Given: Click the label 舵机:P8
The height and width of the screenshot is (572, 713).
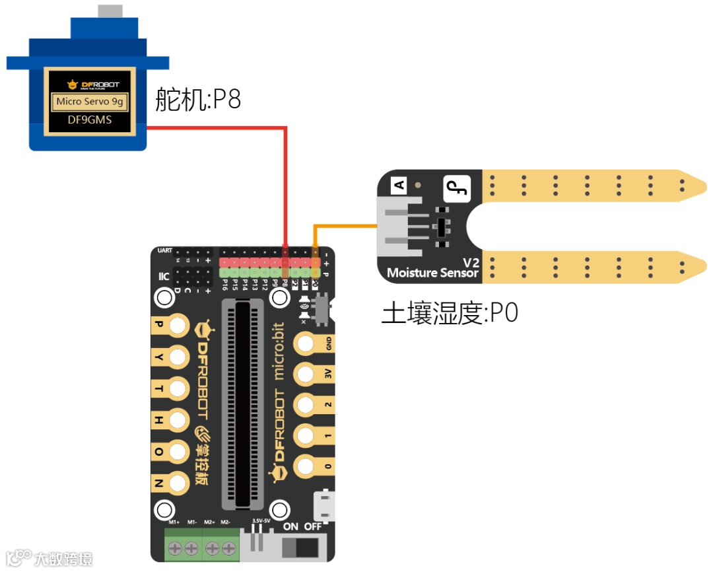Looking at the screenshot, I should (x=198, y=99).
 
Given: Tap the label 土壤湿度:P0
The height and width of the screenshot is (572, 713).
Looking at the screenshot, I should (x=450, y=313).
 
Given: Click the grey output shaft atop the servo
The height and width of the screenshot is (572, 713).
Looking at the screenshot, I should (x=110, y=11).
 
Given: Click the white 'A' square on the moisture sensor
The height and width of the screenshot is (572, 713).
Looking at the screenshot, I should (x=399, y=186).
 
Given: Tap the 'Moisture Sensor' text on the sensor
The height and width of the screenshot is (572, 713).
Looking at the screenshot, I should (x=432, y=272).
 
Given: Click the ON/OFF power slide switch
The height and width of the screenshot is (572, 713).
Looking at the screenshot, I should (x=304, y=548).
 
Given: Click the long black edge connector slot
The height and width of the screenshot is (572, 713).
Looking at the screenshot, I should (x=246, y=403).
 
